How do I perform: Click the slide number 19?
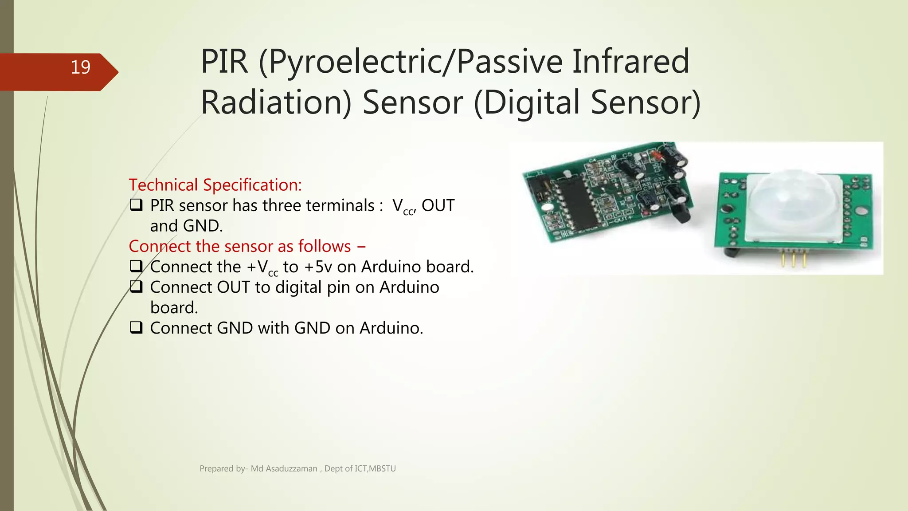coord(80,67)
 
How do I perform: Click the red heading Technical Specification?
coord(215,185)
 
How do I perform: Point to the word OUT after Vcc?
coord(438,205)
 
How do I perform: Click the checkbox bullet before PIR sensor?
coord(136,205)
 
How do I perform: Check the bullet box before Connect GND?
coord(136,327)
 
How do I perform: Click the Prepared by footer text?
coord(297,468)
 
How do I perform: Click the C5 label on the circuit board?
coord(626,155)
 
